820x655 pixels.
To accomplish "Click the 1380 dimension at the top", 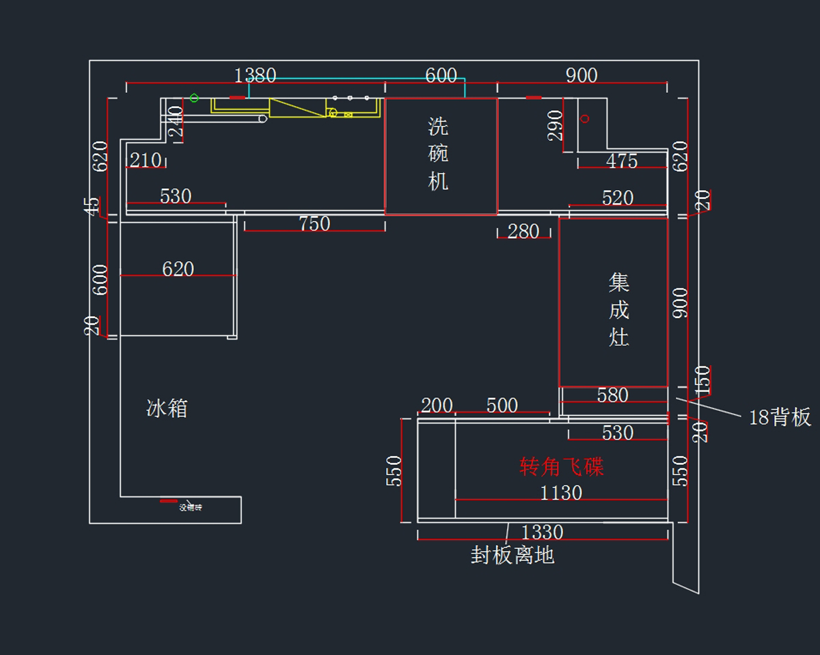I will point(255,75).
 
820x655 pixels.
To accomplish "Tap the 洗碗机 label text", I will point(439,154).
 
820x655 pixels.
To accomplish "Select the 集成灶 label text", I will point(619,310).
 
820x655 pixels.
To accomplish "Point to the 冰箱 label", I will point(167,409).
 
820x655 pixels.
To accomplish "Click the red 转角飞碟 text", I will point(562,467).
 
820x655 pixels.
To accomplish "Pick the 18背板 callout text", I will point(780,417).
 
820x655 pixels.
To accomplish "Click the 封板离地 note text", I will point(512,555).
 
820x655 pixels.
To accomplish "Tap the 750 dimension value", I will point(314,224).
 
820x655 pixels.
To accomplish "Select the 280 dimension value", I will point(523,232).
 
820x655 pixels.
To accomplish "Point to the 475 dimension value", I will point(622,161).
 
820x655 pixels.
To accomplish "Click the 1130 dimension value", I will point(561,493).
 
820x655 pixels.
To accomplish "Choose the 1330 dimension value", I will point(542,532).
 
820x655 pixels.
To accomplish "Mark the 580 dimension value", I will point(612,395).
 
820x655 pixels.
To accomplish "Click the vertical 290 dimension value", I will point(556,125).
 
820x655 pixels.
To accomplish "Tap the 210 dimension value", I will point(146,161).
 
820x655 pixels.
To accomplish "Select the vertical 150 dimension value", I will point(702,380).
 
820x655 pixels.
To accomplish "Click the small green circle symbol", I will point(194,98).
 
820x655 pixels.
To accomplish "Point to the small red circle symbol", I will point(585,119).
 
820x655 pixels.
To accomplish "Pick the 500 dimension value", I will point(502,405).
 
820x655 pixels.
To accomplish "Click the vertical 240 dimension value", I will point(176,122).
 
